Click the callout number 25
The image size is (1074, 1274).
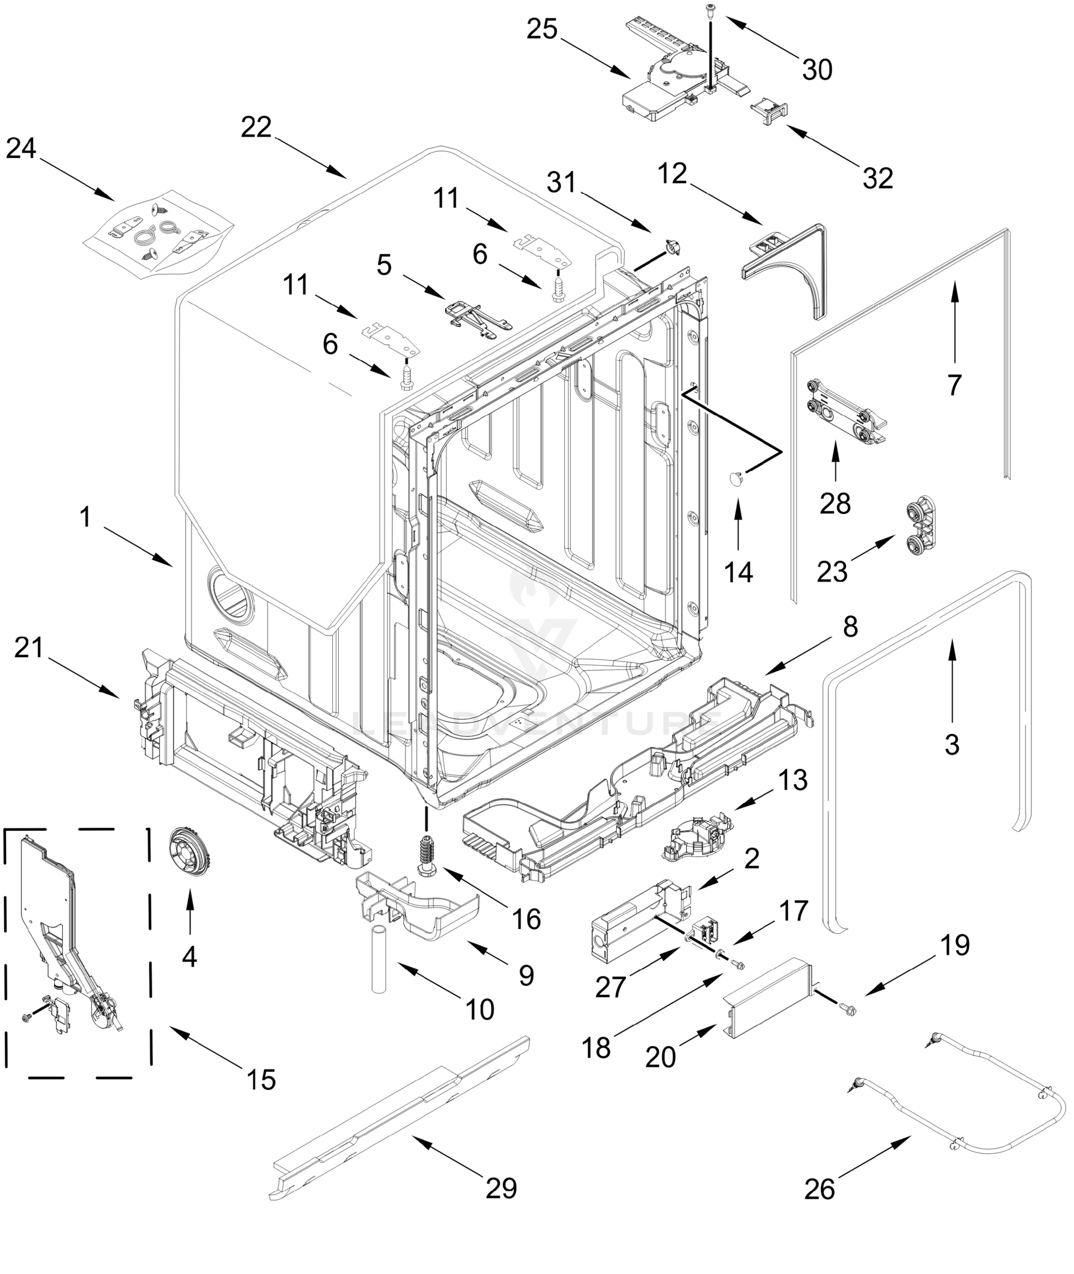[542, 29]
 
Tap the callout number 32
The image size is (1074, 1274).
[878, 178]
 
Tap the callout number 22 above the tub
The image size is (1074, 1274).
[256, 128]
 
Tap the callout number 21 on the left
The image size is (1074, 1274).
[29, 648]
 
